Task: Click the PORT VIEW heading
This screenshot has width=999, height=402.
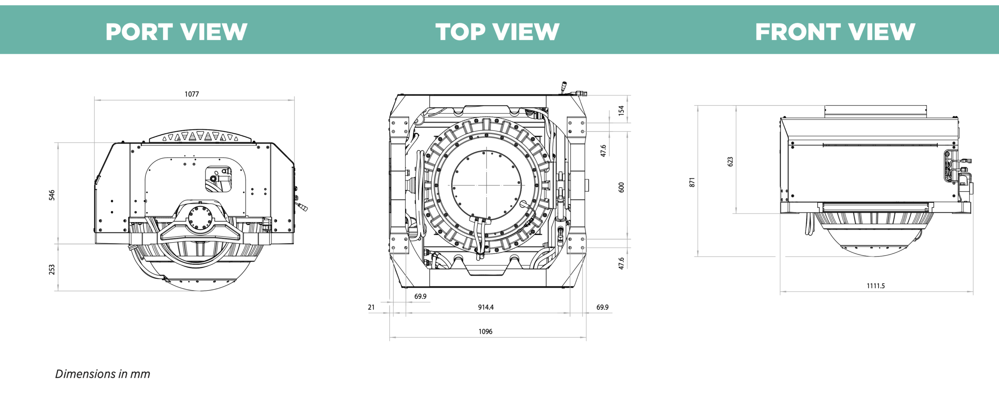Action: [176, 32]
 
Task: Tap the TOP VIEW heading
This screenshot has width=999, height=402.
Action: [497, 32]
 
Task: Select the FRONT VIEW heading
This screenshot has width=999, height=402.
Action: [835, 32]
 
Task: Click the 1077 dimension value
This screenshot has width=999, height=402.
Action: [192, 94]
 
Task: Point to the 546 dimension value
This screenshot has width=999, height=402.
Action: [52, 195]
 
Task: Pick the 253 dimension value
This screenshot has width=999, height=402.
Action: [52, 269]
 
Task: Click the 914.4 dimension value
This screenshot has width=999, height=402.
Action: [486, 307]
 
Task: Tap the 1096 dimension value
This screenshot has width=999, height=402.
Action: [485, 331]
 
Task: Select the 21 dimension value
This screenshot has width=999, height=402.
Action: [371, 307]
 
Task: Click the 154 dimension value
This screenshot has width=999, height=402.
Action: [621, 110]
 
